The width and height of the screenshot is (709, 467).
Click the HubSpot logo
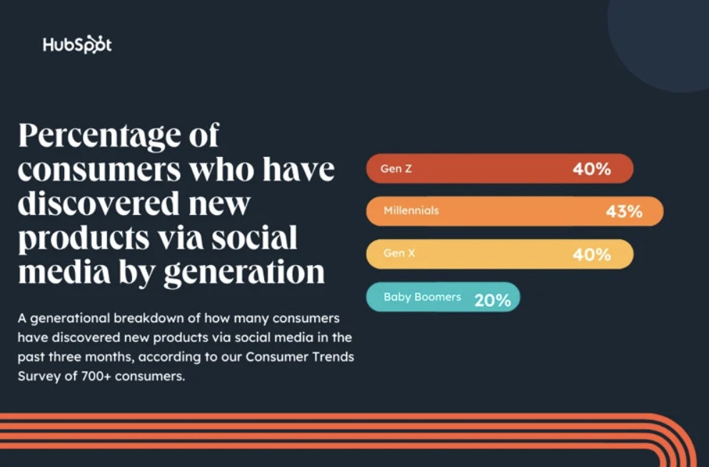tap(77, 45)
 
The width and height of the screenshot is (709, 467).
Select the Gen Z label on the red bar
tap(396, 169)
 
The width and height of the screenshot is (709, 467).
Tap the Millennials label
tap(411, 211)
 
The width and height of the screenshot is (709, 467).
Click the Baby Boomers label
tap(422, 296)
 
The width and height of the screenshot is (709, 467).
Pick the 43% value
tap(624, 211)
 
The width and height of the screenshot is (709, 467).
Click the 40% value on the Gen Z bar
tap(591, 169)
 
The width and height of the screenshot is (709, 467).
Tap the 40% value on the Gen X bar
tap(591, 254)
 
